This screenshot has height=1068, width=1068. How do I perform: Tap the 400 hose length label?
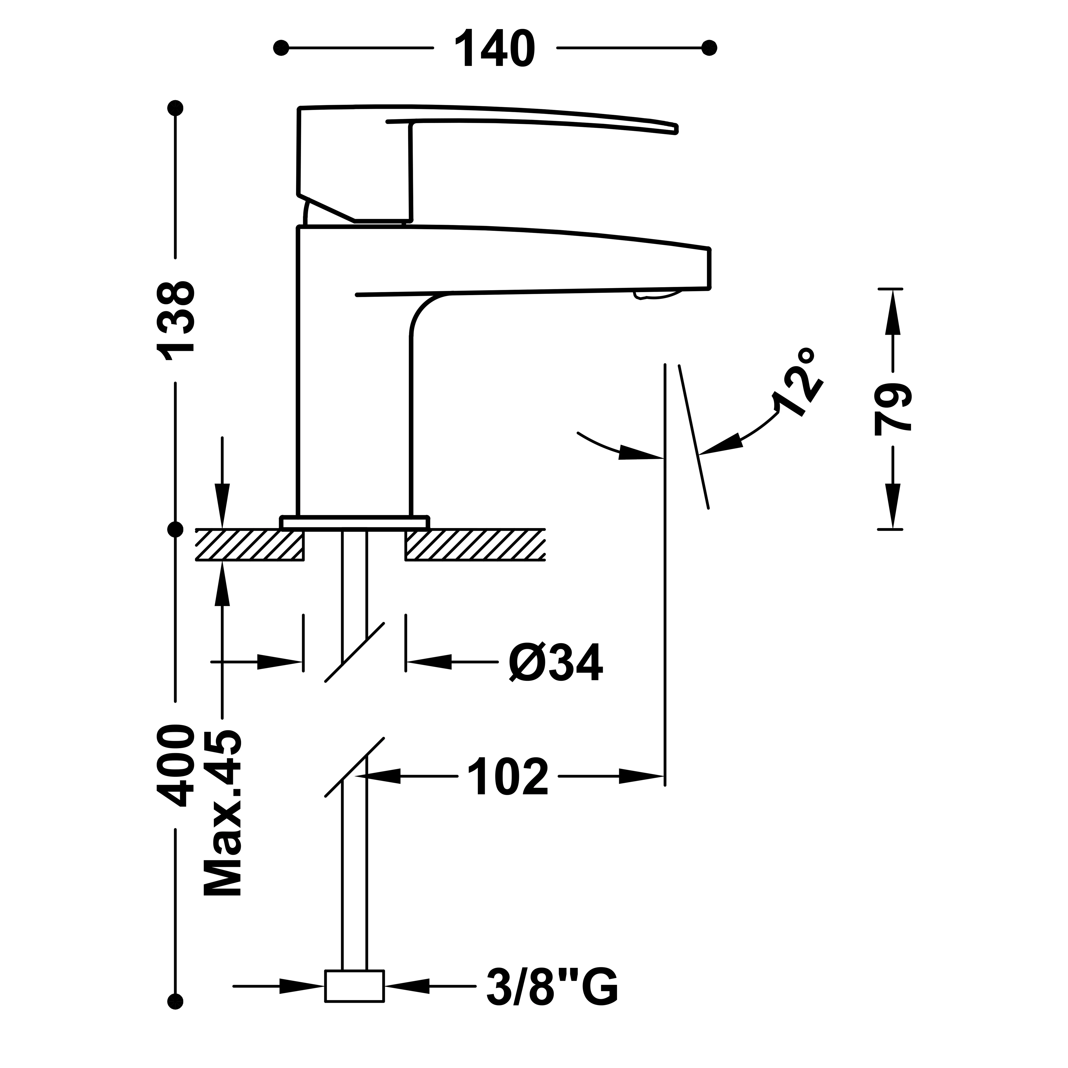[176, 766]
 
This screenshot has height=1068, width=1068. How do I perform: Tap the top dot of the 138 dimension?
[176, 108]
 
